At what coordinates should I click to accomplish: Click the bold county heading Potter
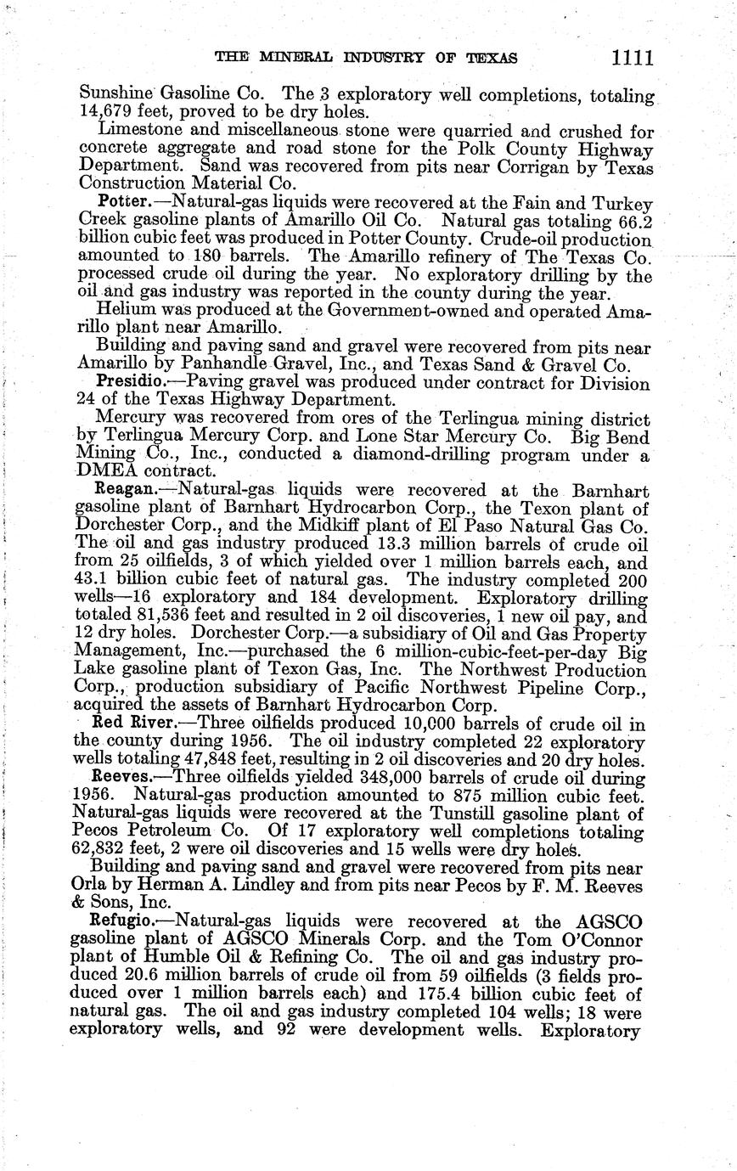point(124,204)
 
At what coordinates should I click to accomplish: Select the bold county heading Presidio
point(128,383)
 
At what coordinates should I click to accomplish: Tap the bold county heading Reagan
point(125,491)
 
